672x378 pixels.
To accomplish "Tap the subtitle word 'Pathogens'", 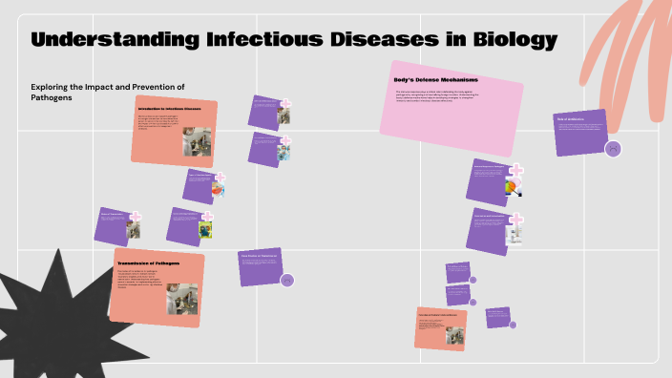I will tap(54, 99).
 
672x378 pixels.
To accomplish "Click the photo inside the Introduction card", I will tap(197, 140).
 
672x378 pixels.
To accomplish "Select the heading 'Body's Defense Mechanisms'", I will tap(436, 79).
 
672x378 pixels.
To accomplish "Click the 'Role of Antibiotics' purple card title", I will tap(572, 119).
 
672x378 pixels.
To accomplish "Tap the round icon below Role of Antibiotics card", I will tap(613, 148).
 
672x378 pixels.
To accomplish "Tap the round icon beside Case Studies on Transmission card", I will tap(287, 280).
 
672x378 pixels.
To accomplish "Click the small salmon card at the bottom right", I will tap(439, 327).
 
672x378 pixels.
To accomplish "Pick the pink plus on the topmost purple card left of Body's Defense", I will tap(284, 103).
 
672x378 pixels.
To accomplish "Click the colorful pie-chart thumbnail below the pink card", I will tap(514, 186).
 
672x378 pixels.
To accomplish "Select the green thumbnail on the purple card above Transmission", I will tap(205, 229).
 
